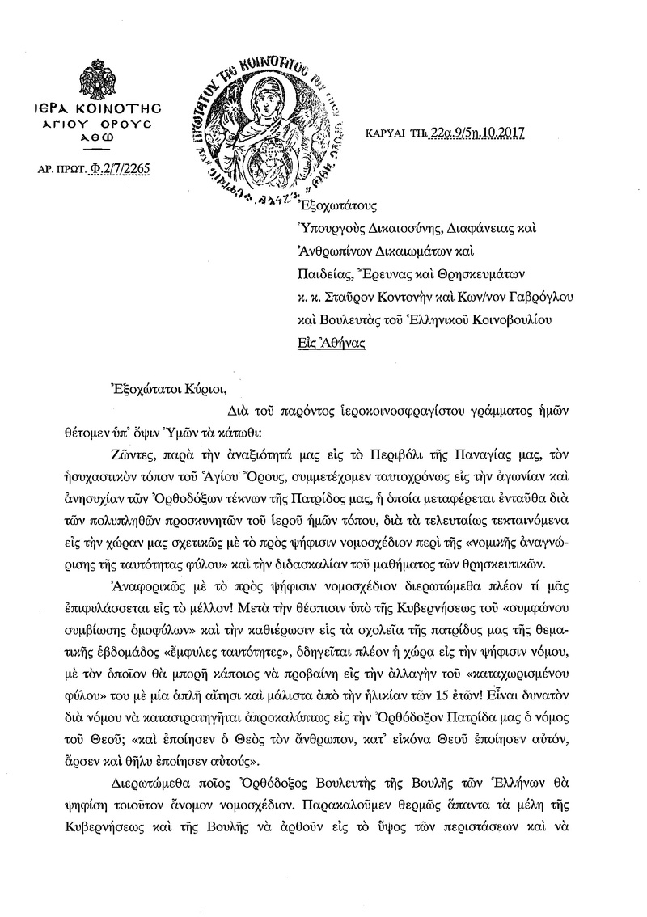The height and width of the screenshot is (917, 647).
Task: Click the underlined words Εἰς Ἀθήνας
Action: click(x=330, y=343)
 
